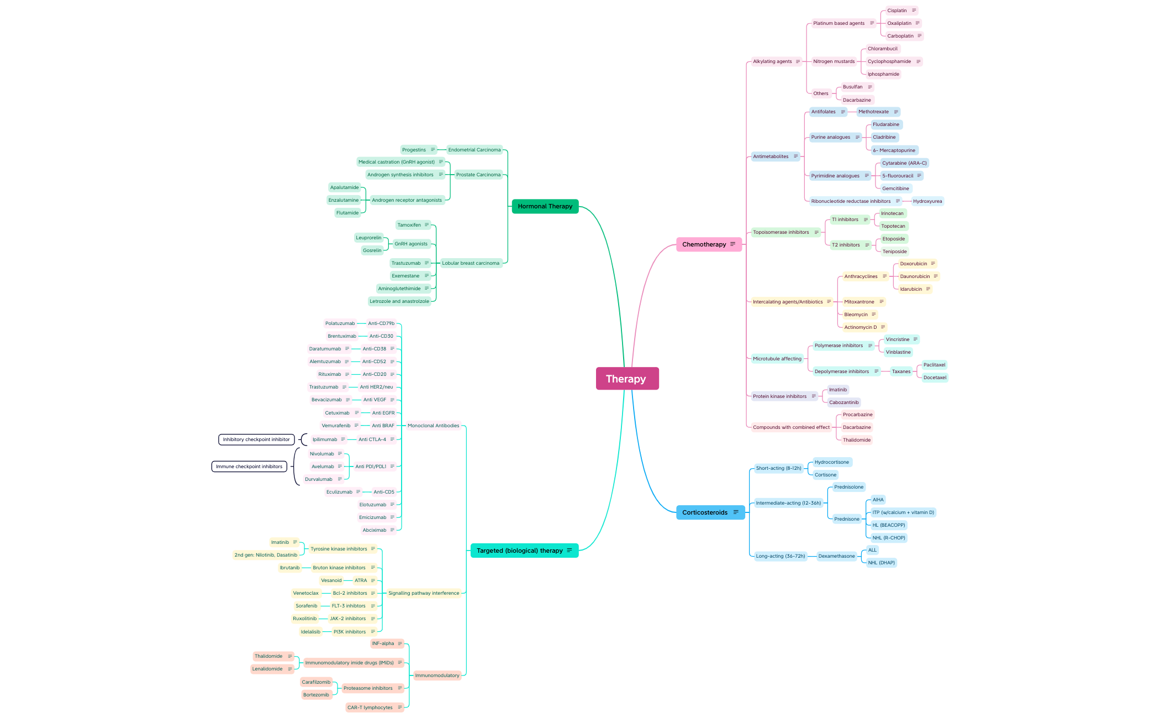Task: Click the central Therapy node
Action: pos(627,379)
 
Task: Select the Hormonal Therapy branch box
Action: pos(545,206)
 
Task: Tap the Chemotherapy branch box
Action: pos(709,244)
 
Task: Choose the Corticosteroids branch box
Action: pos(710,512)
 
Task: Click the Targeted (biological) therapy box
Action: pos(524,551)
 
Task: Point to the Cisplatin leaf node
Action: pos(901,11)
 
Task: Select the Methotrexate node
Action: pos(878,112)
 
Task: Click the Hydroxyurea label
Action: pos(927,201)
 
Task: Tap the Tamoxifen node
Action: pos(413,225)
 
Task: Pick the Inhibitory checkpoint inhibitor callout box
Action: pos(256,439)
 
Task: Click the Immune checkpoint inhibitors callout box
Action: pos(249,467)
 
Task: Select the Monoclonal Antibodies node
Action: pos(434,426)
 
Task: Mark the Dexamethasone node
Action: pos(836,556)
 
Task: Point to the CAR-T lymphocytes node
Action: pos(375,707)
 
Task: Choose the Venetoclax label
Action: pos(306,593)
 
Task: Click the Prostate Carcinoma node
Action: pos(478,175)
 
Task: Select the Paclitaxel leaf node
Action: pos(935,365)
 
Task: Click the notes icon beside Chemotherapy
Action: pos(733,244)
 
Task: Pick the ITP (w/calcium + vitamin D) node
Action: pos(903,512)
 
